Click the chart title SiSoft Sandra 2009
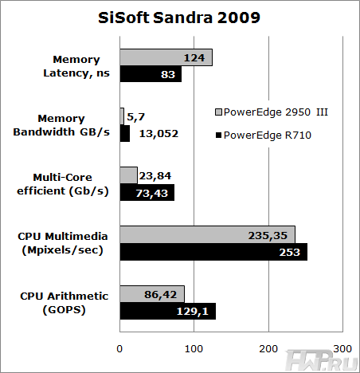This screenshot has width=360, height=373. coord(179,18)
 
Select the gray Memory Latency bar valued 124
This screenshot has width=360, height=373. coord(166,57)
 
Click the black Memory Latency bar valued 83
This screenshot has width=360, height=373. coord(151,74)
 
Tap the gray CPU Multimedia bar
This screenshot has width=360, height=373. coord(207,234)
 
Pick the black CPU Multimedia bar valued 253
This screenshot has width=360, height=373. coord(213,251)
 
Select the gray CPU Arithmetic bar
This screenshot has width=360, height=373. coord(152,293)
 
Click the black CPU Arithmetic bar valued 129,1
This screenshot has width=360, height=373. coord(167,310)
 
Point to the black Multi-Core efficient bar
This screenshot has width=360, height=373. coord(147,192)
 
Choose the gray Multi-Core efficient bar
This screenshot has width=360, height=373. coord(129,175)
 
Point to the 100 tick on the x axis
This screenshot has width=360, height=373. coord(194,348)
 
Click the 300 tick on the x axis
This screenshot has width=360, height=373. coord(342,348)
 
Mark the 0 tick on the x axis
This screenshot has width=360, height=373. coord(120,348)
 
